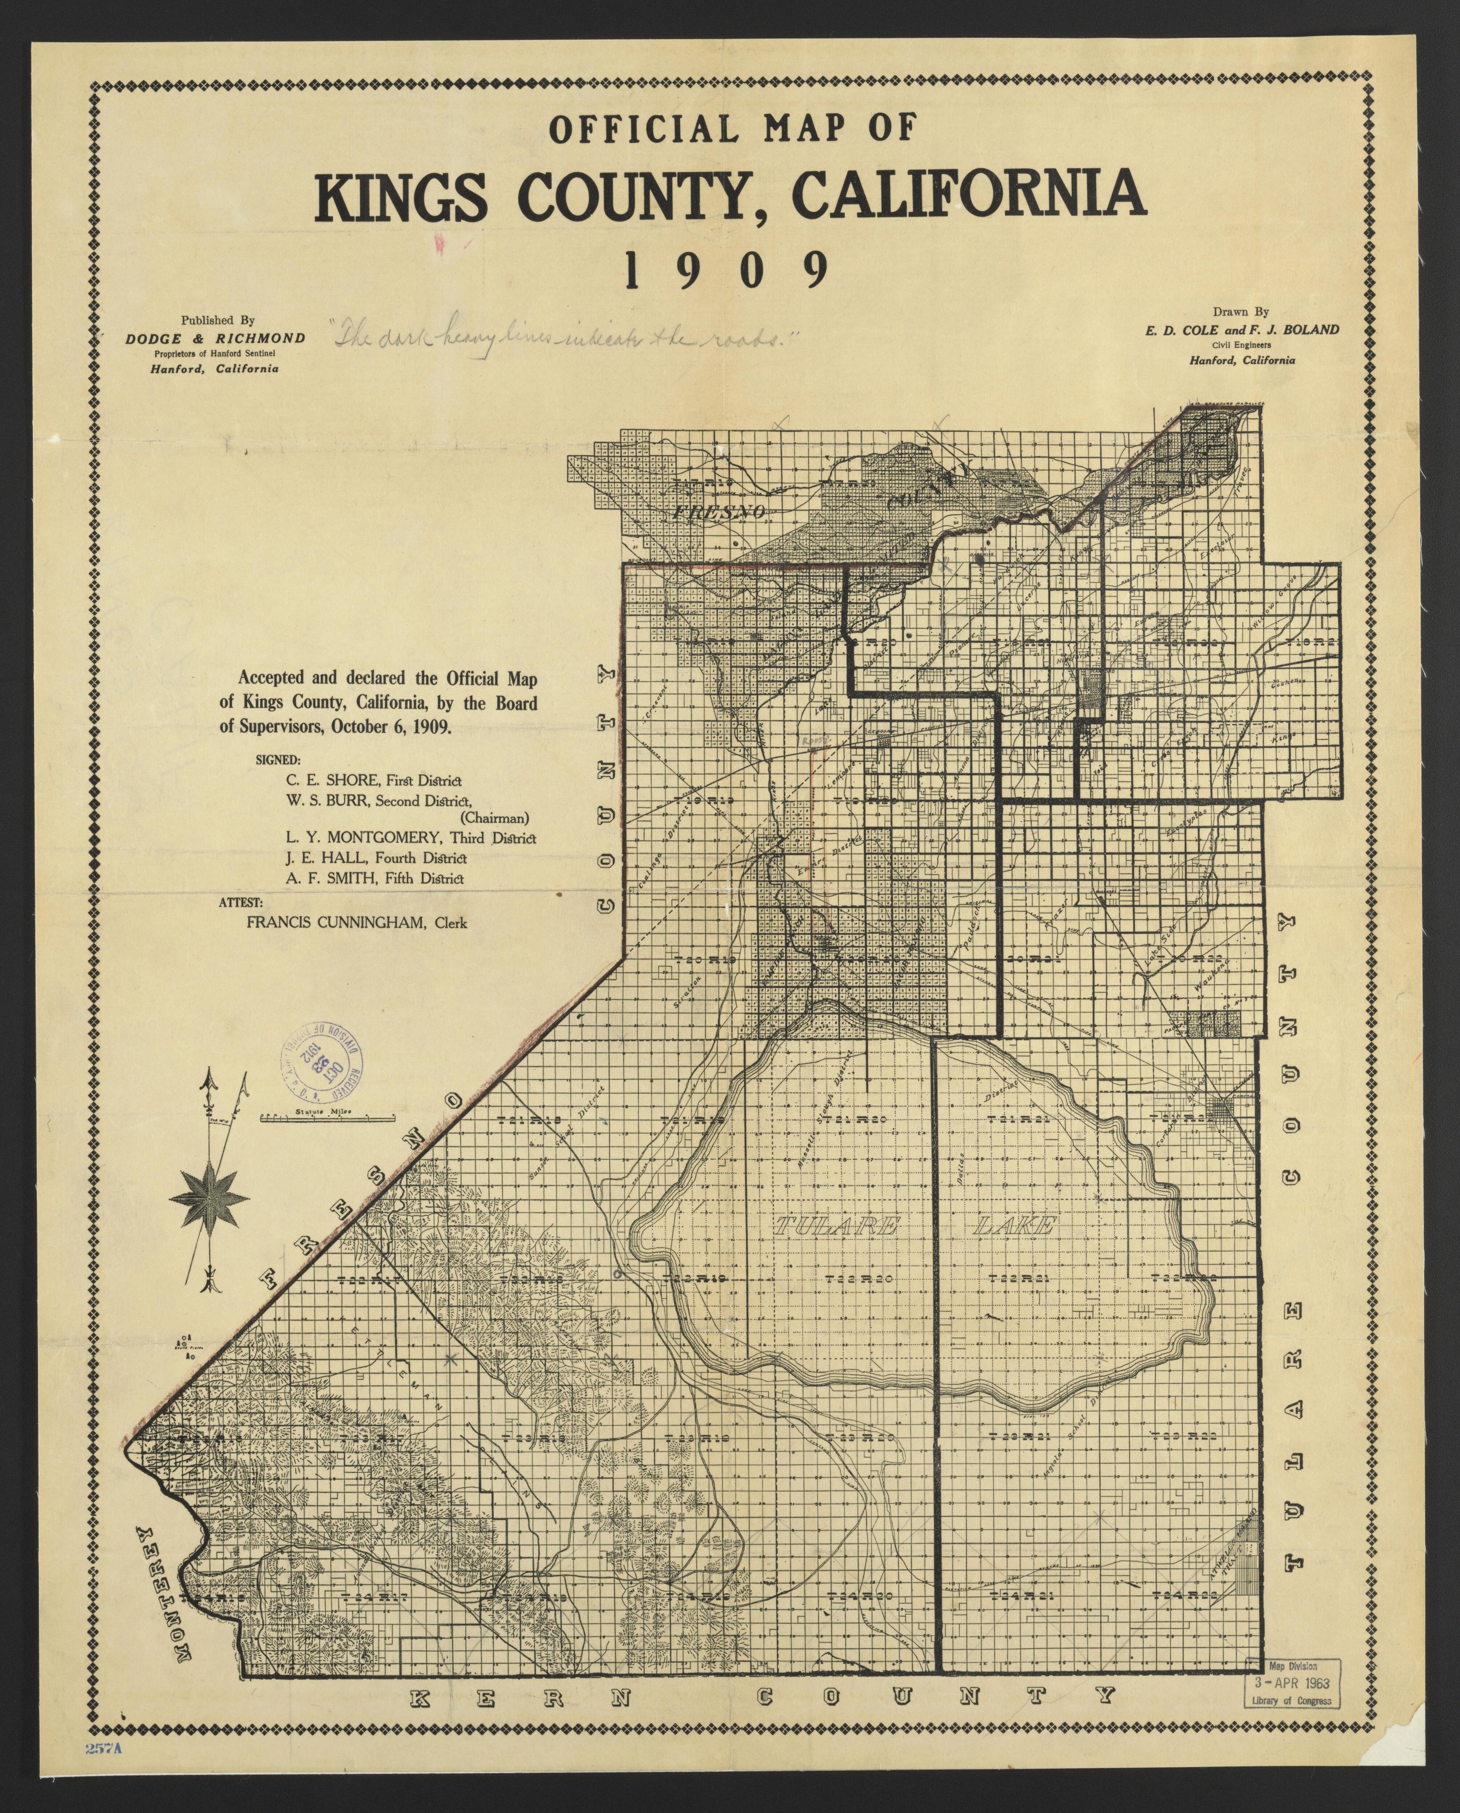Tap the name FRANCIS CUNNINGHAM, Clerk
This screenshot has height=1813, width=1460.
(357, 922)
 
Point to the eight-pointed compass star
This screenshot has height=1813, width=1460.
(209, 1199)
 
